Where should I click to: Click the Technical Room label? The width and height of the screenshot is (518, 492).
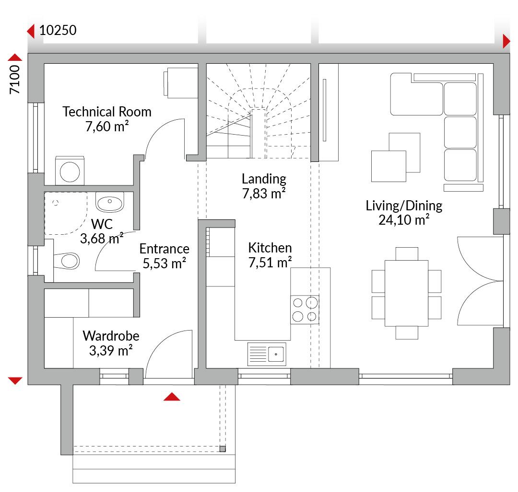point(107,112)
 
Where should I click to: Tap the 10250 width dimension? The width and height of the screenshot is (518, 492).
point(58,30)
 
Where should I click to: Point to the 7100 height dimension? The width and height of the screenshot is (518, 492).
point(15,80)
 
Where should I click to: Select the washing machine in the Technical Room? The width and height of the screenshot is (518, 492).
point(70,171)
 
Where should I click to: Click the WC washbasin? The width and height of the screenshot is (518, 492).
point(110,202)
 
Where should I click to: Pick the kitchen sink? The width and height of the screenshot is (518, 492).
point(267,355)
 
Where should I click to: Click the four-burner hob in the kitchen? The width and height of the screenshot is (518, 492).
point(305,309)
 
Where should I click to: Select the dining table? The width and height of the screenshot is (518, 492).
point(406,293)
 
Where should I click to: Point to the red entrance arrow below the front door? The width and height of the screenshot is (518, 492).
point(172,397)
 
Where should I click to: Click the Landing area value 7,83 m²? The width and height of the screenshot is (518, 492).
point(264,194)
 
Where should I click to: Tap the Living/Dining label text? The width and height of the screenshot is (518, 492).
point(404,206)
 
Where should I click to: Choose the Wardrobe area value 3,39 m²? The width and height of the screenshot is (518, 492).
point(111,351)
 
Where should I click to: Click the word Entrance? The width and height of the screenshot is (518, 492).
point(164,249)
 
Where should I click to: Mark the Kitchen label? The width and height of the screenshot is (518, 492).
point(270,248)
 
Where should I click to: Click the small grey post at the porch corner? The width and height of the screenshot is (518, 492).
point(223,449)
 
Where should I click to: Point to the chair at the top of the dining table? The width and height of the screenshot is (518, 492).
point(407,254)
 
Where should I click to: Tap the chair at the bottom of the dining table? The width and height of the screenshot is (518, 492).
point(407,332)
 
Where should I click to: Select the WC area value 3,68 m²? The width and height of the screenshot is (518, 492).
point(102,239)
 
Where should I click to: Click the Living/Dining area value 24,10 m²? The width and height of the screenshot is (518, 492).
point(404,220)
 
